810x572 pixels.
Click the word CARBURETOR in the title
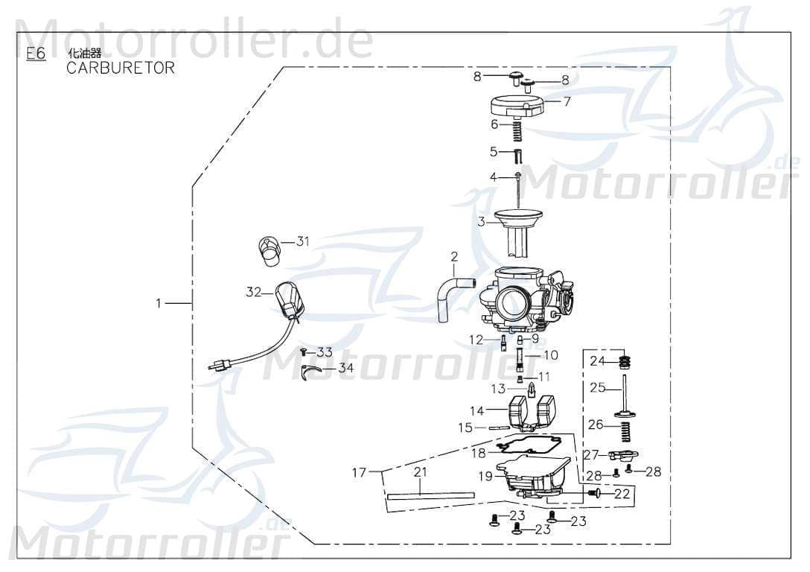[x=121, y=68]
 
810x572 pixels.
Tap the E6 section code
[x=36, y=54]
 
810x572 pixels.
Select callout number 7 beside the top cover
[x=567, y=102]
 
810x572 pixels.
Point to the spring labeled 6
[x=514, y=133]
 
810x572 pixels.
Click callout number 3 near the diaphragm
[x=482, y=221]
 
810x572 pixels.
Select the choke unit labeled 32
[x=289, y=299]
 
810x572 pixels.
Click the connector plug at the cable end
[x=220, y=365]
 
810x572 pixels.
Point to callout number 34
[x=345, y=368]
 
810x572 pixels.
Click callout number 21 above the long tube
[x=420, y=472]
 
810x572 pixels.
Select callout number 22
[x=622, y=493]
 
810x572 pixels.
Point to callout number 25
[x=597, y=387]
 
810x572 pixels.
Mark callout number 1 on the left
[x=157, y=303]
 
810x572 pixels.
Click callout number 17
[x=360, y=472]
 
